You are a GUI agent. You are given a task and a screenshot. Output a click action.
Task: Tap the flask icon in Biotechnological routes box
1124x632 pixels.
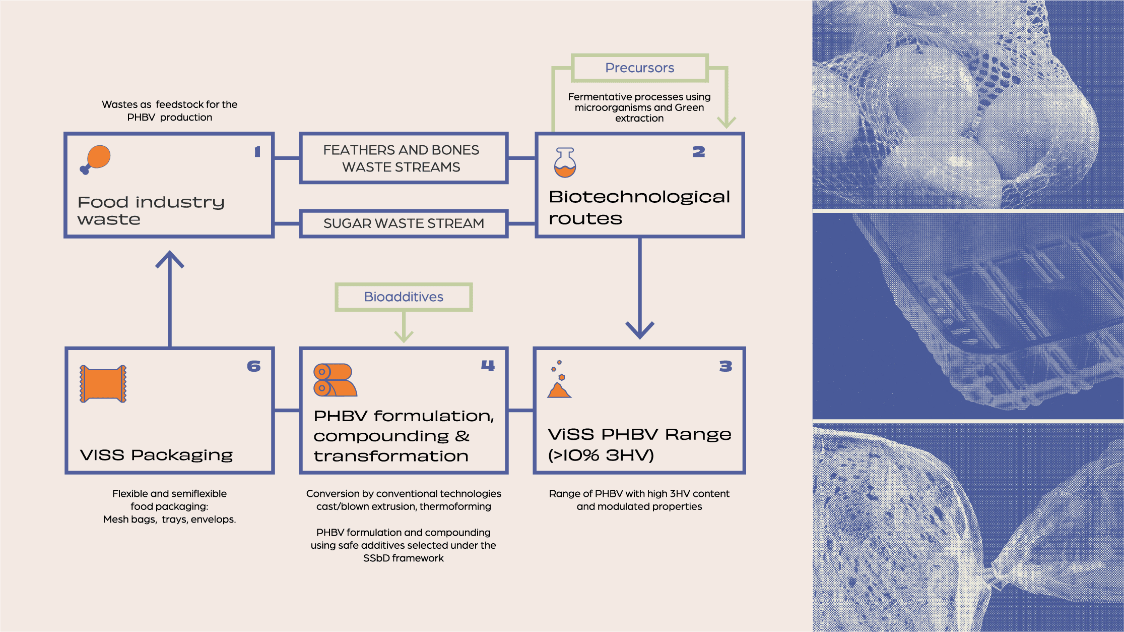[x=565, y=162]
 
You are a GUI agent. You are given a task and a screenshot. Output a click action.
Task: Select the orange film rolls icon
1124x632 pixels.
[x=335, y=380]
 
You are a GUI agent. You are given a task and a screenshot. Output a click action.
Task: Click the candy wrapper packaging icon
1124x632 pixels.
[x=103, y=384]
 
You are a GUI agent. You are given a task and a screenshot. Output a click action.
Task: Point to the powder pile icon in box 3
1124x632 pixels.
[x=559, y=382]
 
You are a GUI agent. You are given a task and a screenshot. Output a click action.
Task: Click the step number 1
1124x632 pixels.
[x=257, y=151]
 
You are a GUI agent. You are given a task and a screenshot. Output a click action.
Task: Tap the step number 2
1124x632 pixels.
[x=698, y=151]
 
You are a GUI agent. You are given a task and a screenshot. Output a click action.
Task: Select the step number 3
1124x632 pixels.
[x=725, y=366]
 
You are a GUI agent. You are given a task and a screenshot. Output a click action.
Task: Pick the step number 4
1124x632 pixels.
[x=488, y=366]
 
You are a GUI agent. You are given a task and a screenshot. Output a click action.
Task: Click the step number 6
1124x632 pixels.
[x=253, y=366]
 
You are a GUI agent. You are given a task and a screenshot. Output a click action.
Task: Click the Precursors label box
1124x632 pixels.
[x=639, y=68]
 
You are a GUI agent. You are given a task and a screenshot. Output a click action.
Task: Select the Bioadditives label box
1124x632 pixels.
[x=404, y=297]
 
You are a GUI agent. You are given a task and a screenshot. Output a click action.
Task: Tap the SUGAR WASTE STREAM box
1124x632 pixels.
[x=404, y=223]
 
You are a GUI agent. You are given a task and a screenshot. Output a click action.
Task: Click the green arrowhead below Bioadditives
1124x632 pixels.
[x=404, y=336]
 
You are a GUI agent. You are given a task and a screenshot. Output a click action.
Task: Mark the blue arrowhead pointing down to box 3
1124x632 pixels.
[x=639, y=330]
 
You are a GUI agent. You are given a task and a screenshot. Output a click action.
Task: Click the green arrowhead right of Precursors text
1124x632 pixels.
[x=726, y=122]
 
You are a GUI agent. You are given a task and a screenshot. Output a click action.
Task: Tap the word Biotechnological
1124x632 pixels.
[x=639, y=197]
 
